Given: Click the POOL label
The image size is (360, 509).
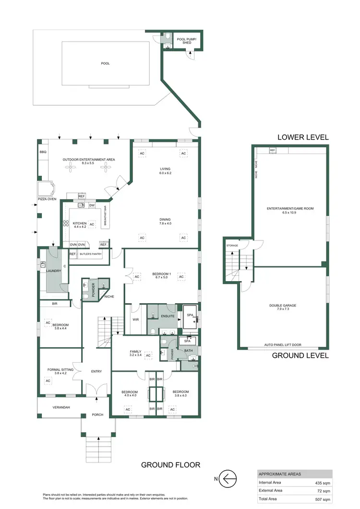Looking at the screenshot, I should click(x=105, y=63).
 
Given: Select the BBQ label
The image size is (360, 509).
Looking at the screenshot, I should click(x=43, y=152).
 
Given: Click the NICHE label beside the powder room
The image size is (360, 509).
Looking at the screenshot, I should click(x=109, y=296).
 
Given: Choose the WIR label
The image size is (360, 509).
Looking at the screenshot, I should click(x=135, y=318).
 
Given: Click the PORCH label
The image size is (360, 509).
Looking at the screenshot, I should click(x=98, y=414).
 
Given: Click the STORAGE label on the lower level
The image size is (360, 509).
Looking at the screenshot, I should click(x=232, y=246).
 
